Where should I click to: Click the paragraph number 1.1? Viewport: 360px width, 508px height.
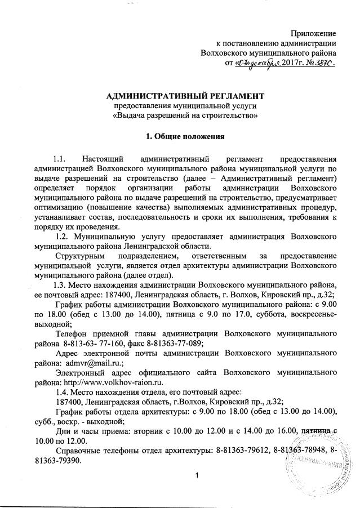(x=60, y=158)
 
